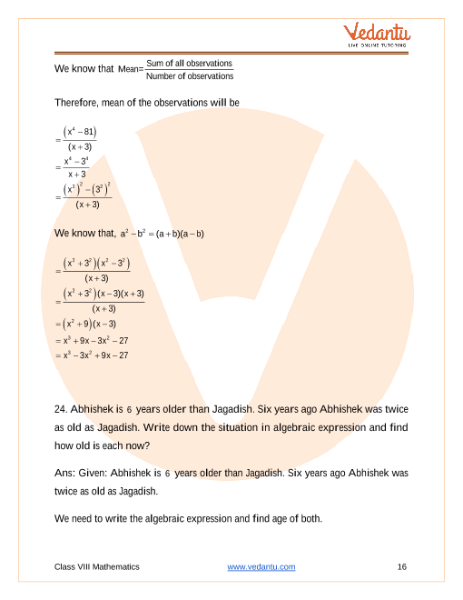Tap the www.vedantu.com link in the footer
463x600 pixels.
tap(261, 566)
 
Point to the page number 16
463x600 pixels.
tap(401, 566)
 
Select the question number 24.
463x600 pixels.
tap(62, 409)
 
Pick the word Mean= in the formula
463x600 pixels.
tap(131, 69)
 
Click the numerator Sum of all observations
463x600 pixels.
tap(189, 63)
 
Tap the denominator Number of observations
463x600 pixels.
tap(189, 75)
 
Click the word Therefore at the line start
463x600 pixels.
tap(76, 103)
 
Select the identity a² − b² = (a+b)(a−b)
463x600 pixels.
tap(162, 234)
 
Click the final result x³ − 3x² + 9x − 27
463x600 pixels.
tap(94, 355)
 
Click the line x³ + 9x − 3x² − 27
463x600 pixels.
tap(94, 340)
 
